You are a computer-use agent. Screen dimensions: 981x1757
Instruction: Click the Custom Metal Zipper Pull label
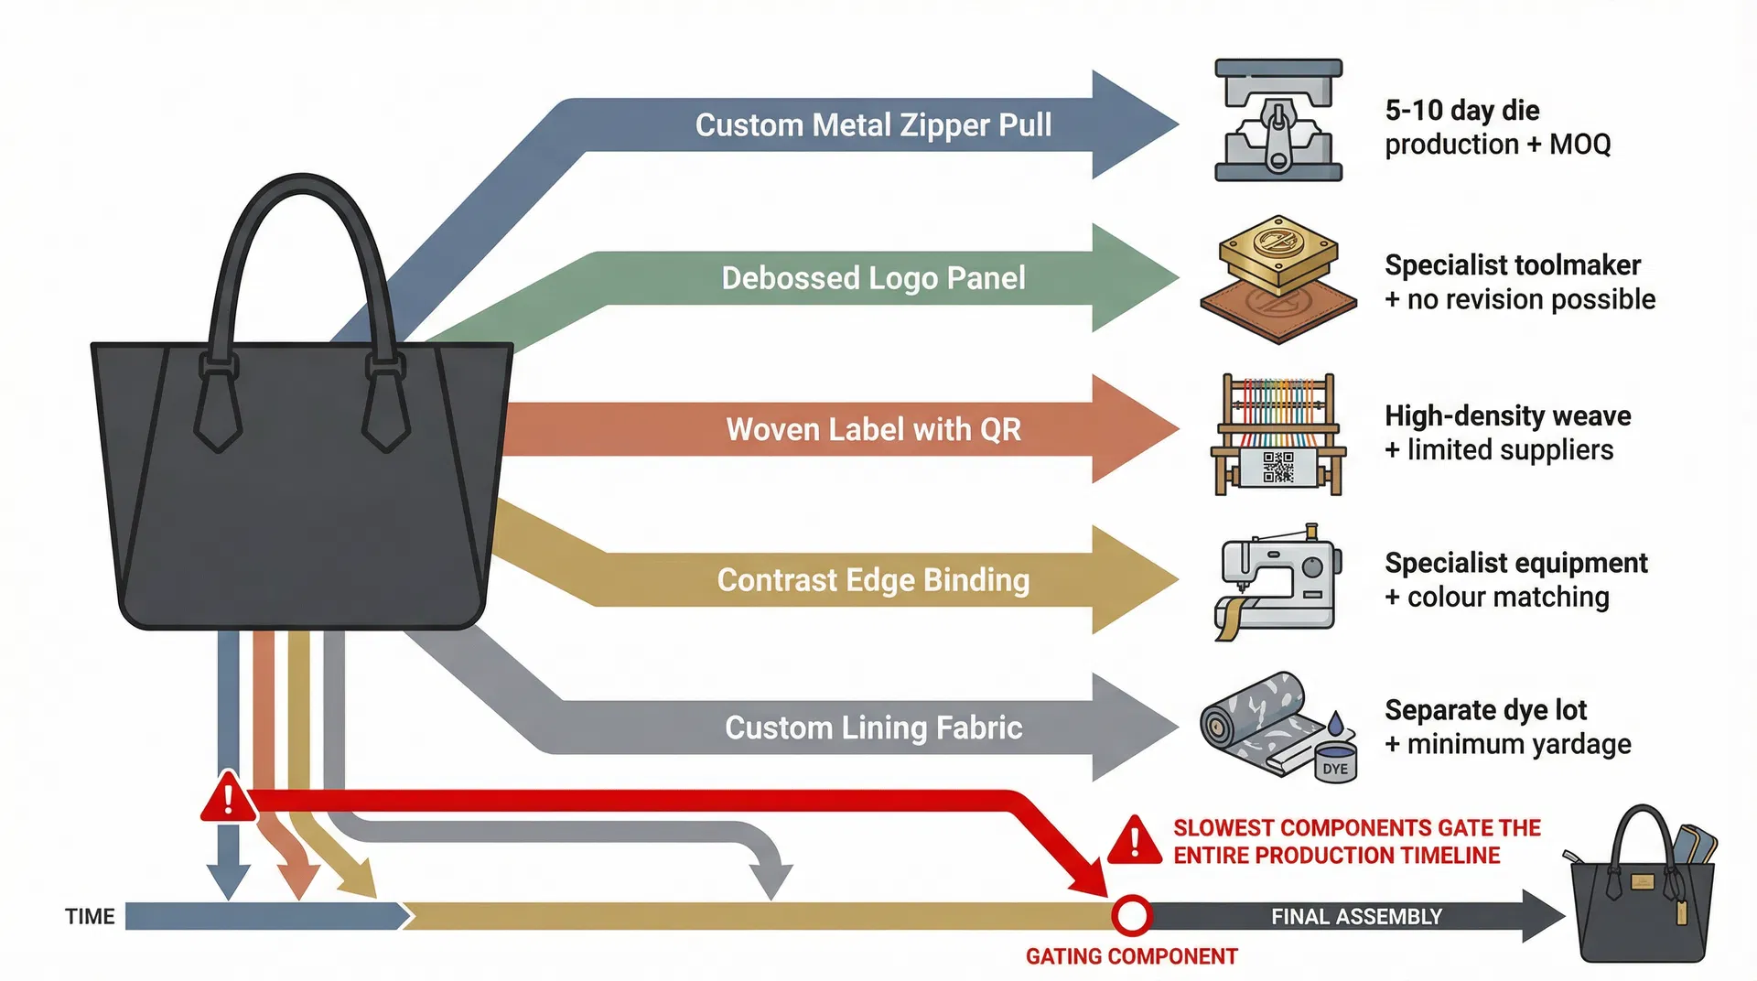click(x=873, y=124)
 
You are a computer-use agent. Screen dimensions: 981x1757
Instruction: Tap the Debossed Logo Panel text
click(x=873, y=277)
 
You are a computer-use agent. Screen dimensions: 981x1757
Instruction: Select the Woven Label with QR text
click(x=873, y=429)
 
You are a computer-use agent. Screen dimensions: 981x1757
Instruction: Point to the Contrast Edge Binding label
click(x=873, y=580)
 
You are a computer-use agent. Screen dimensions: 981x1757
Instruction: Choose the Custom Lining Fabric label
click(x=873, y=728)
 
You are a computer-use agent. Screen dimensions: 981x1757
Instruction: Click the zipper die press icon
click(x=1278, y=120)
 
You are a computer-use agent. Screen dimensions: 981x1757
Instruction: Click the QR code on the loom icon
click(x=1278, y=467)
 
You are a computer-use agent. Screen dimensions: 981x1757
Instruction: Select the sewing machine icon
click(x=1278, y=580)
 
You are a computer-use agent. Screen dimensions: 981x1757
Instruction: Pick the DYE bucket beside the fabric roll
click(x=1335, y=762)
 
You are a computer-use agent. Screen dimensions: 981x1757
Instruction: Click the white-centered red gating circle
click(x=1132, y=915)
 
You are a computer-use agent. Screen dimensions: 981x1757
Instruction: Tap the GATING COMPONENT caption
click(x=1131, y=956)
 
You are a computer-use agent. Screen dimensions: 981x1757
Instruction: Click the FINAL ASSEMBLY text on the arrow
click(x=1356, y=916)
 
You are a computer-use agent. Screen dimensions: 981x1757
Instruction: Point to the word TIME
click(x=90, y=916)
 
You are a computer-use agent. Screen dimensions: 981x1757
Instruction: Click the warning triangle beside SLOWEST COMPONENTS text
click(x=1135, y=841)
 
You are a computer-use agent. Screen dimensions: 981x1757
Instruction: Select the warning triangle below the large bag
click(x=228, y=799)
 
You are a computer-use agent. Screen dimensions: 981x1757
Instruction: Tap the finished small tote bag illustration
click(x=1641, y=892)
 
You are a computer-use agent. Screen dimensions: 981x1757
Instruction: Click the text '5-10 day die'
click(x=1461, y=110)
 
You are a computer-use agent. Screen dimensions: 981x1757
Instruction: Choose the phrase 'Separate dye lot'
click(x=1485, y=709)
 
